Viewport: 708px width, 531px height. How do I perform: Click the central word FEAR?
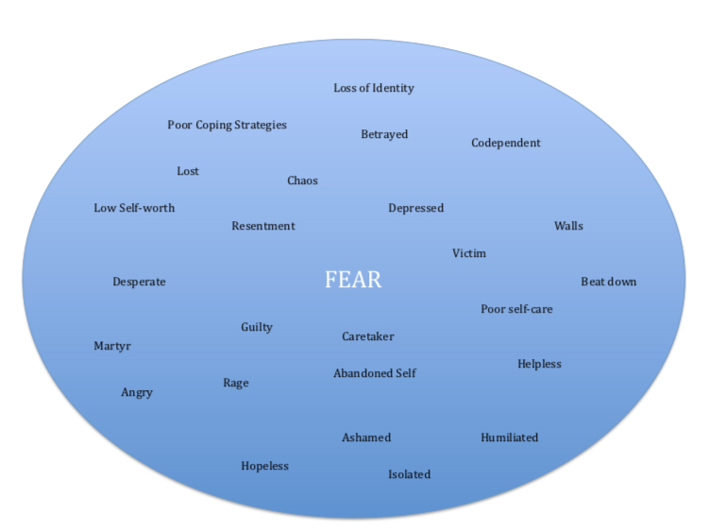point(353,281)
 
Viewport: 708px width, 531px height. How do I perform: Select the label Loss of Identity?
point(374,88)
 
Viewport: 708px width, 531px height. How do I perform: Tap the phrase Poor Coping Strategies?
point(227,125)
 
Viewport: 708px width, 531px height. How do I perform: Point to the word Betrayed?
point(384,134)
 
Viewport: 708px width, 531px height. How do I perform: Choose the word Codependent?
point(506,143)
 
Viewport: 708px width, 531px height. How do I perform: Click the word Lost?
point(188,171)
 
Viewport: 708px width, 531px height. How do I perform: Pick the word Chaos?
point(302,180)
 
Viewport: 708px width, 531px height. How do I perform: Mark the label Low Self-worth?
point(134,208)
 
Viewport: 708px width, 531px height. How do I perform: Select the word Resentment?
point(263,226)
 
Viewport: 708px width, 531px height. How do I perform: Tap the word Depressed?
point(415,208)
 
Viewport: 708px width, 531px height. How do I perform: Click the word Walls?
point(568,226)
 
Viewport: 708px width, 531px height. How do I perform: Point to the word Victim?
point(469,253)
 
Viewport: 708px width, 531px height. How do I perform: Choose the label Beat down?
point(608,282)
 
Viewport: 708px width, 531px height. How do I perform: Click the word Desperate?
point(139,282)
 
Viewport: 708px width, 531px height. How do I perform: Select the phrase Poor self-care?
point(516,309)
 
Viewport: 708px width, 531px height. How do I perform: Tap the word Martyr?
point(112,346)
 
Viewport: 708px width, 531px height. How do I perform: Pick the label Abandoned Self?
point(375,373)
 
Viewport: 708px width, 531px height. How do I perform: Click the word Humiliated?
point(509,437)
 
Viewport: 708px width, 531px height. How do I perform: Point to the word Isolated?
point(409,474)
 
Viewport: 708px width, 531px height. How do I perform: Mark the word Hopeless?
point(264,466)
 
